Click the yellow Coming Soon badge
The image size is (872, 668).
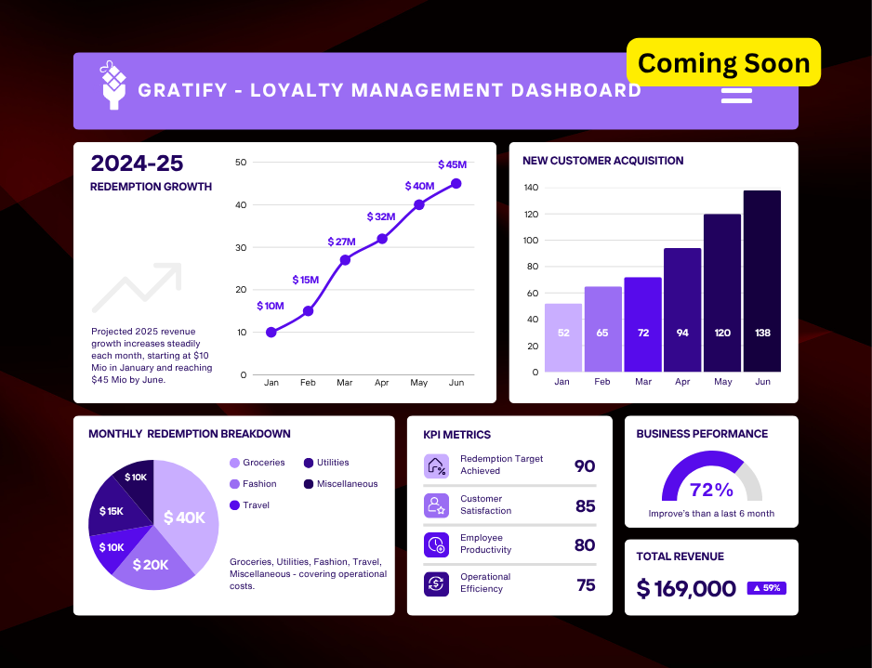tap(724, 63)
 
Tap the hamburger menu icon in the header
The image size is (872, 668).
tap(736, 95)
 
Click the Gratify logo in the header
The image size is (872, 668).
tap(113, 85)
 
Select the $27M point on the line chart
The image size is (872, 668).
tap(345, 260)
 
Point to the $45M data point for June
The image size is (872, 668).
tap(456, 184)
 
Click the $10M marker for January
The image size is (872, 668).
tap(271, 332)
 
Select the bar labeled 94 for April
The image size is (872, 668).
tap(682, 309)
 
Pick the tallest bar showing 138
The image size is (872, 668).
tap(761, 281)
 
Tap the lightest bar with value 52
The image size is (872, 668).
tap(563, 337)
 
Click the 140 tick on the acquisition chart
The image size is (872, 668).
tap(531, 188)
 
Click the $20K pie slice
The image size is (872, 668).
tap(152, 563)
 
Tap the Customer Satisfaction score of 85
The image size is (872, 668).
tap(585, 506)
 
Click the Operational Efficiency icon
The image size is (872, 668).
tap(436, 583)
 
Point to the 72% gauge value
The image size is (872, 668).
tap(711, 490)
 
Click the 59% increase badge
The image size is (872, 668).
tap(764, 588)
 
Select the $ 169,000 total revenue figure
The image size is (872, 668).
tap(686, 588)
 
